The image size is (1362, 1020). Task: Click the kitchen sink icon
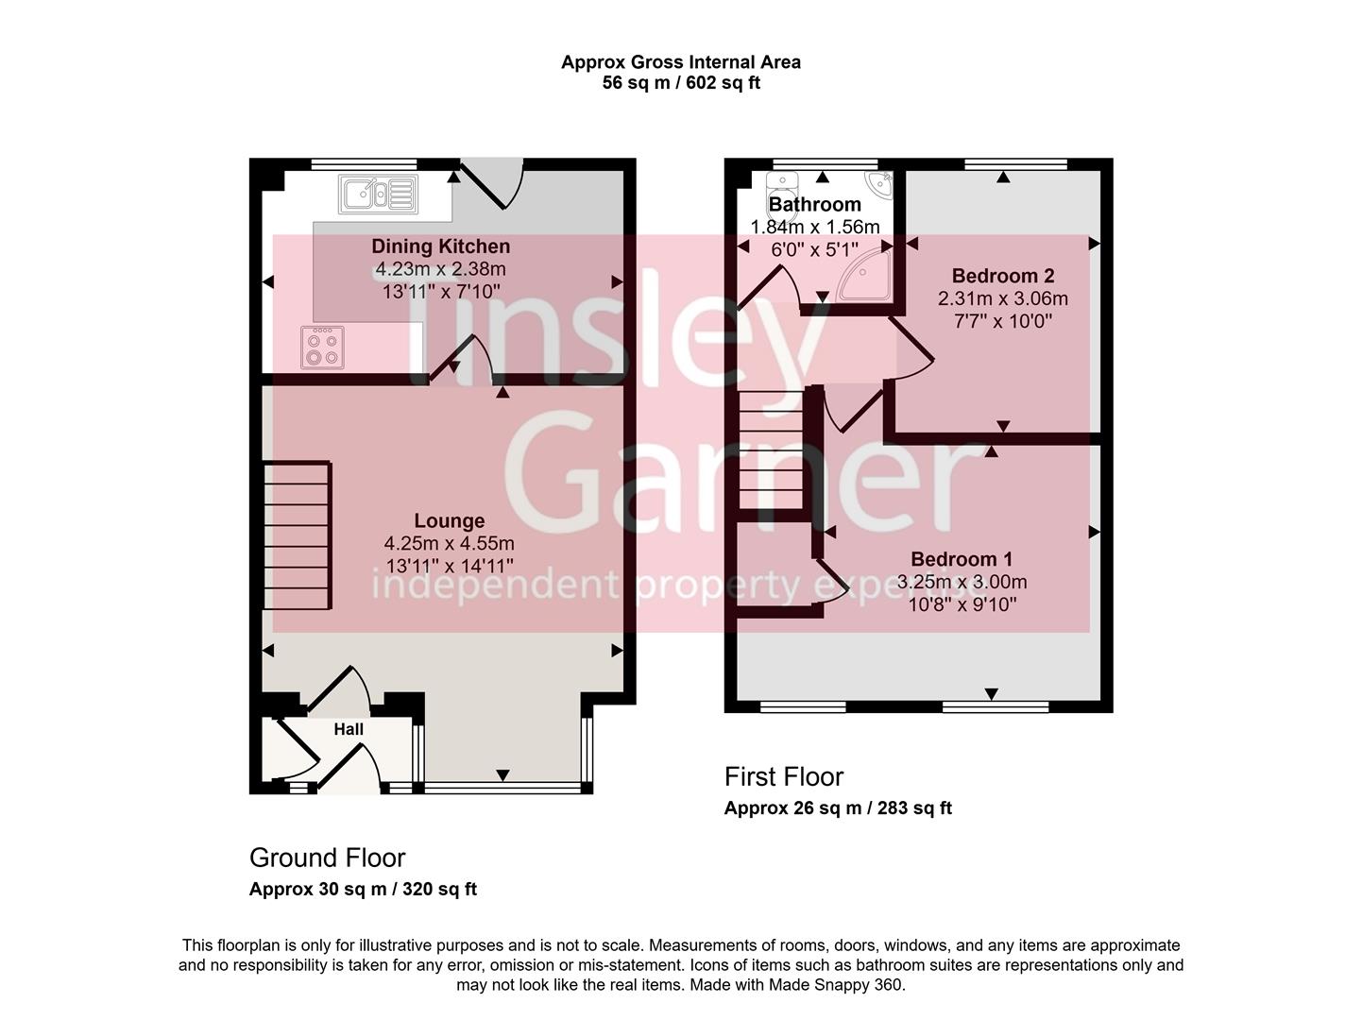377,194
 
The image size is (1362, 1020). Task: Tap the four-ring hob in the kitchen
322,347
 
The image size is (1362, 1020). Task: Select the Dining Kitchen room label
440,246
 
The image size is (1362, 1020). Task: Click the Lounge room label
450,520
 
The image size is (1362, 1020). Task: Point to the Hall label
349,729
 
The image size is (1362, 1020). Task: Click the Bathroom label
814,204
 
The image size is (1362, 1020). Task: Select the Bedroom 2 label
1002,276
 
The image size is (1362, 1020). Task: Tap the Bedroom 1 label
962,559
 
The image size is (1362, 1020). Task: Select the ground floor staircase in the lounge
297,535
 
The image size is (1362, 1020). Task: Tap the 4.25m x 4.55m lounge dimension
450,543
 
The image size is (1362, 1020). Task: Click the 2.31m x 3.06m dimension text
1002,298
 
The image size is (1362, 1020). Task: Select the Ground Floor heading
327,858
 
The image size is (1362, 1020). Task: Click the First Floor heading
783,776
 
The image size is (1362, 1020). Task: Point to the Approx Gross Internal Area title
680,62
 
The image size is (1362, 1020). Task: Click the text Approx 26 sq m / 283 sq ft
838,807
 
